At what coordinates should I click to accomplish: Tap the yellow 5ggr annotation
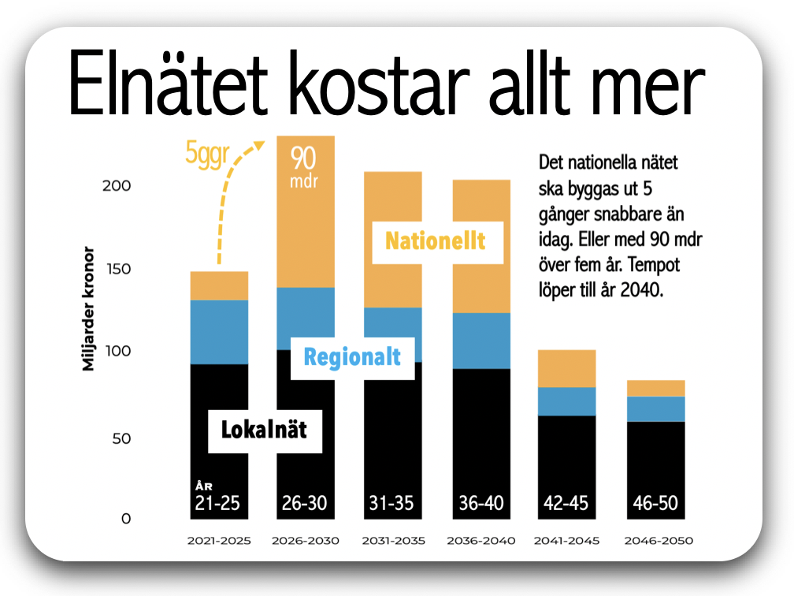[x=206, y=151]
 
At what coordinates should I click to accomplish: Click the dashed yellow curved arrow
[x=228, y=205]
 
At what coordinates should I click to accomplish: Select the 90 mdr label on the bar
[x=304, y=169]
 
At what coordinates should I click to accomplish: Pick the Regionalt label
[x=352, y=356]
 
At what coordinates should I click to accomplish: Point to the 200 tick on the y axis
[x=116, y=186]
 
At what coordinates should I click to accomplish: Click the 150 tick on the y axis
[x=116, y=270]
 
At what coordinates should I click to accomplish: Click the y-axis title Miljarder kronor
[x=88, y=309]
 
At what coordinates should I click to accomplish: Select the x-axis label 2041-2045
[x=566, y=542]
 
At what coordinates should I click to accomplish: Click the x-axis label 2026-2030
[x=305, y=542]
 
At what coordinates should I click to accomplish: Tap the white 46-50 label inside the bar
[x=655, y=503]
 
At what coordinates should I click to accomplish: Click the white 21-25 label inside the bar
[x=217, y=503]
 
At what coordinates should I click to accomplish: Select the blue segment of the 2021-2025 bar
[x=219, y=332]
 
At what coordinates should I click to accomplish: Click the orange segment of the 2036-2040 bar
[x=481, y=246]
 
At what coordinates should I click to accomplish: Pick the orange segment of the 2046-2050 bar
[x=656, y=388]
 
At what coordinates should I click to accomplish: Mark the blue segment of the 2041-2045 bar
[x=566, y=401]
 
